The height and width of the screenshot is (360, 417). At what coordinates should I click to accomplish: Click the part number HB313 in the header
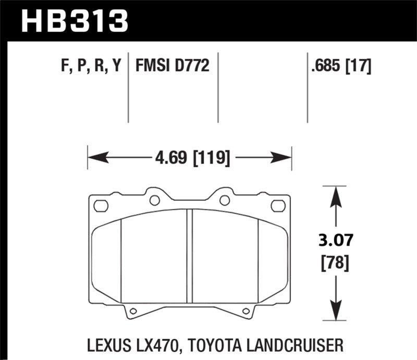click(73, 20)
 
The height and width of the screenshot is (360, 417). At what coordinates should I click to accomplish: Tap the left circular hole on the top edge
click(154, 200)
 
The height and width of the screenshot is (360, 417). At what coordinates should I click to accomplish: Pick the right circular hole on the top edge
click(224, 200)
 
